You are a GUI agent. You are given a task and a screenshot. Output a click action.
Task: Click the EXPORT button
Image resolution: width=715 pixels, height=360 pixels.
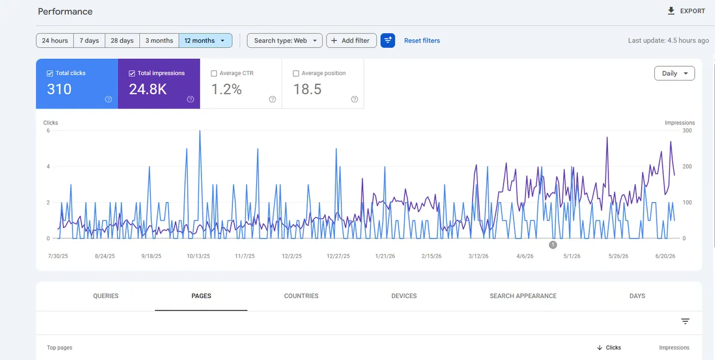[x=686, y=11]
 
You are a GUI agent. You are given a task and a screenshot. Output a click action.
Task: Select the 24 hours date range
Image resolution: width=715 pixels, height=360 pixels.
[x=55, y=41]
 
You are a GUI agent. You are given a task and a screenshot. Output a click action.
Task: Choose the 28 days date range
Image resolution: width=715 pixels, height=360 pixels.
[x=122, y=41]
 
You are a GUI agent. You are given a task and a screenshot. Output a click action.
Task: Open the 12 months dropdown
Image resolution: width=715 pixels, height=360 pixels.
[x=205, y=41]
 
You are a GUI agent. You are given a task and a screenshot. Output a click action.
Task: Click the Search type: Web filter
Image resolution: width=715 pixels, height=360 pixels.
[x=285, y=41]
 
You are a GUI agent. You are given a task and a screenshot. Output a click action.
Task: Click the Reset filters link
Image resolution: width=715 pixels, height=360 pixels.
[x=422, y=41]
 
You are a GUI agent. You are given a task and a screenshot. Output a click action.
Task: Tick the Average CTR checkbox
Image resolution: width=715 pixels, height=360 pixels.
[x=214, y=73]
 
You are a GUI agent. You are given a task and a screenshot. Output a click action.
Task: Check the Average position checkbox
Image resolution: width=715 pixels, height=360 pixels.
[x=296, y=73]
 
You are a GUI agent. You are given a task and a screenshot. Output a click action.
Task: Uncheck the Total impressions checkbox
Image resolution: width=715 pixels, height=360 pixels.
[x=132, y=73]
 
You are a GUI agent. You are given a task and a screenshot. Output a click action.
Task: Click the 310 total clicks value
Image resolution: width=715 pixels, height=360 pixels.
[x=59, y=89]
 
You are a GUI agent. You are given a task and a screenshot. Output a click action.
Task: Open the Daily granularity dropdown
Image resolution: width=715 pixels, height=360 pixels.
[x=674, y=73]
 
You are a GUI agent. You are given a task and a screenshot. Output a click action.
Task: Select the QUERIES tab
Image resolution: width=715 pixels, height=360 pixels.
[x=105, y=296]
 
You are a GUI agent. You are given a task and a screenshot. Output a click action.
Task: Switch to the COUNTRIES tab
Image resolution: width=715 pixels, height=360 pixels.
[x=301, y=296]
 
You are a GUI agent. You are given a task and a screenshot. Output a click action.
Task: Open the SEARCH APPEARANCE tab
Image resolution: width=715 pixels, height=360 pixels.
[x=523, y=296]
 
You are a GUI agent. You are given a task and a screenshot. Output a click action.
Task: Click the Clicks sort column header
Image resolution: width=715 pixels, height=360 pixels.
[x=609, y=347]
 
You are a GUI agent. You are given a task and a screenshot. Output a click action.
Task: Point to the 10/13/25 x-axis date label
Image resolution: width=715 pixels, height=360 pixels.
[x=198, y=256]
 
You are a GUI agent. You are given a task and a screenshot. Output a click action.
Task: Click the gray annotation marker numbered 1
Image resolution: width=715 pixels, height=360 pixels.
[x=553, y=245]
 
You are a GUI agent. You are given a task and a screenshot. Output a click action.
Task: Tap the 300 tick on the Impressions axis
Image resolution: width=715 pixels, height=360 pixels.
[x=687, y=131]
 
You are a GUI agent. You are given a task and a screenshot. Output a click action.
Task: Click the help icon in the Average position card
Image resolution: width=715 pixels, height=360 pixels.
[x=355, y=100]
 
